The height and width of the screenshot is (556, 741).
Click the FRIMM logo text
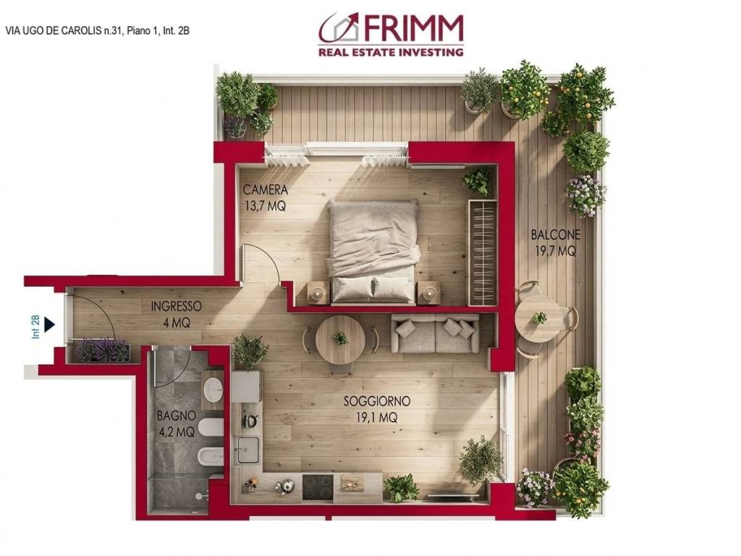pos(413,29)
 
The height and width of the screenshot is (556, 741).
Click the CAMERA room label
pos(266,190)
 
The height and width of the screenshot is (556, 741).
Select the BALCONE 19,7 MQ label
pos(555,243)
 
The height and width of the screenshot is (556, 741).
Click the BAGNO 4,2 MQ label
pos(176,424)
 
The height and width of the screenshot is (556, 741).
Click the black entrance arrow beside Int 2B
pos(49,324)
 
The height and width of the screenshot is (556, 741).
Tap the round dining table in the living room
pos(340,340)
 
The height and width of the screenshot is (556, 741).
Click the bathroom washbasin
pos(213,391)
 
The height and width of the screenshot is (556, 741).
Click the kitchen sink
pos(245,451)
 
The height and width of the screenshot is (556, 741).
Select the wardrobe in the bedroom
pos(483,252)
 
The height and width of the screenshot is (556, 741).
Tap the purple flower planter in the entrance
pos(103,350)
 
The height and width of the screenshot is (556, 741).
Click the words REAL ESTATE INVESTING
pos(391,52)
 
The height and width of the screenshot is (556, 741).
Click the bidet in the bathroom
pos(210,456)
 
